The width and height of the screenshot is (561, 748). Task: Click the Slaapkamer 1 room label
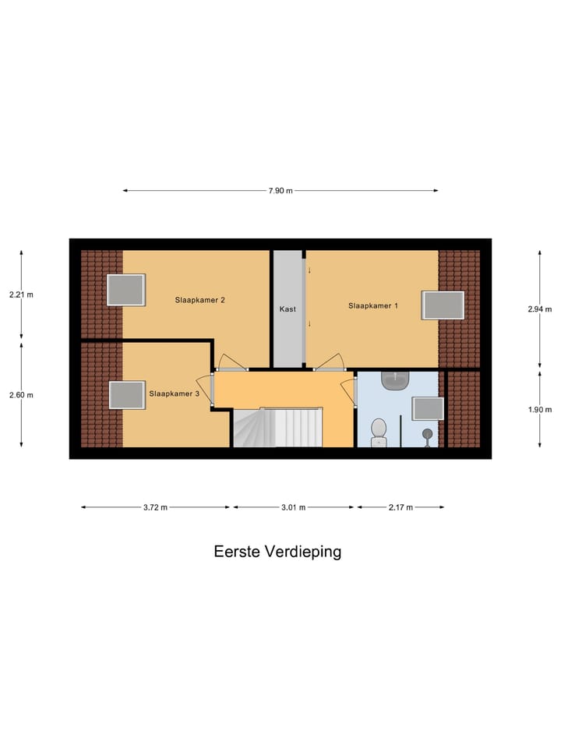372,306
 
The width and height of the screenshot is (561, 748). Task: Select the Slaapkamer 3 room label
175,394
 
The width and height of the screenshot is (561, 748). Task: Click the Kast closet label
288,309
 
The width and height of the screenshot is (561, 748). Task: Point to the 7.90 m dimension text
280,191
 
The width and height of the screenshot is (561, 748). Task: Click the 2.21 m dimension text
21,295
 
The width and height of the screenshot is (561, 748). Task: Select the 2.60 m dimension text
21,395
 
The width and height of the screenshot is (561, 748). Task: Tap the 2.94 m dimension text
540,309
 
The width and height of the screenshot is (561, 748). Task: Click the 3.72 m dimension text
155,507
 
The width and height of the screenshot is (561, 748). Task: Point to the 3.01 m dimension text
294,507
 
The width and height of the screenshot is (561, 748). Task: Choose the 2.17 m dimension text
400,507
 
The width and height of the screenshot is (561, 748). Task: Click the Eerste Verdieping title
277,552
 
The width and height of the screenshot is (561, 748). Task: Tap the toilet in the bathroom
379,432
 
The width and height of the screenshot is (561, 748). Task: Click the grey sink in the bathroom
396,380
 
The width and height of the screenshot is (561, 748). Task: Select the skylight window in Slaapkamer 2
125,290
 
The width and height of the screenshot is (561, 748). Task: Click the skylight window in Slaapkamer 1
443,305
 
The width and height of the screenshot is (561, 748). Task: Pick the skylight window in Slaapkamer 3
127,395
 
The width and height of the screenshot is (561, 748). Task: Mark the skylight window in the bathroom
428,408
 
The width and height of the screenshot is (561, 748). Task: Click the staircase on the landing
277,428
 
